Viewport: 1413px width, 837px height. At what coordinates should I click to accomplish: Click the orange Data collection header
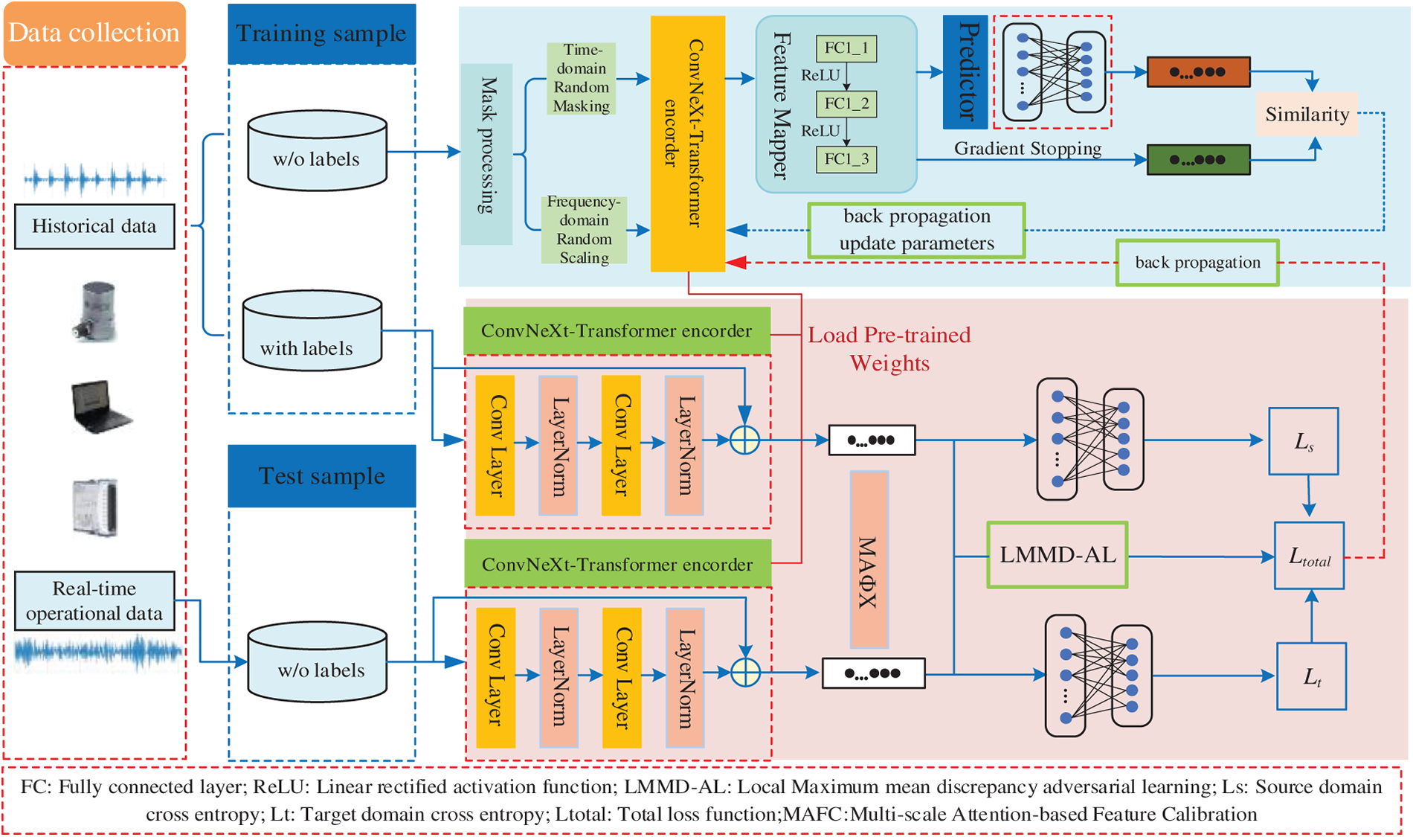(94, 33)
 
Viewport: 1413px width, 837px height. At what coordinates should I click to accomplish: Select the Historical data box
(94, 226)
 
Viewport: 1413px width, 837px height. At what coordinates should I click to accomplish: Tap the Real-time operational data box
(94, 600)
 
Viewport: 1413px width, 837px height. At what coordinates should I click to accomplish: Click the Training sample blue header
(321, 33)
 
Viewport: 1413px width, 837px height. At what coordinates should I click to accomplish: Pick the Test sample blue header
(321, 476)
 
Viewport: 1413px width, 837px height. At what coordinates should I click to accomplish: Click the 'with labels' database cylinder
(312, 331)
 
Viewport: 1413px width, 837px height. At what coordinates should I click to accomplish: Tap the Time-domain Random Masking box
(581, 78)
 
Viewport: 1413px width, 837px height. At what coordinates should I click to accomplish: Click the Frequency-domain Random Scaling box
(584, 229)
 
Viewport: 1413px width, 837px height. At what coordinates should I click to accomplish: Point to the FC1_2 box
(846, 103)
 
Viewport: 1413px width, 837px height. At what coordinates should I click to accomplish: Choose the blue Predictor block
(965, 71)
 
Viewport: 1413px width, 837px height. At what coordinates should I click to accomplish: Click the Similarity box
(1307, 114)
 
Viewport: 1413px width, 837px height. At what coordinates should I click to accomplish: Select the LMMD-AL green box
(1058, 555)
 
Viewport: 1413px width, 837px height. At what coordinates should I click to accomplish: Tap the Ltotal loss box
(1309, 556)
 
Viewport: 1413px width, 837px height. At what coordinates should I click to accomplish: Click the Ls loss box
(1303, 441)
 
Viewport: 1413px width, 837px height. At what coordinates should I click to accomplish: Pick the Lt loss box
(1311, 676)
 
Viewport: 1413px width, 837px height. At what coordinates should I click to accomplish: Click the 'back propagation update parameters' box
(916, 230)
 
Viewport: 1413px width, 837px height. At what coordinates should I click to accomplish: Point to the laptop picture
(100, 406)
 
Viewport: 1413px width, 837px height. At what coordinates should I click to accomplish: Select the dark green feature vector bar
(1198, 159)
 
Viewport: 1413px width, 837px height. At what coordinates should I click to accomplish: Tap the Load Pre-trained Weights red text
(889, 349)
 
